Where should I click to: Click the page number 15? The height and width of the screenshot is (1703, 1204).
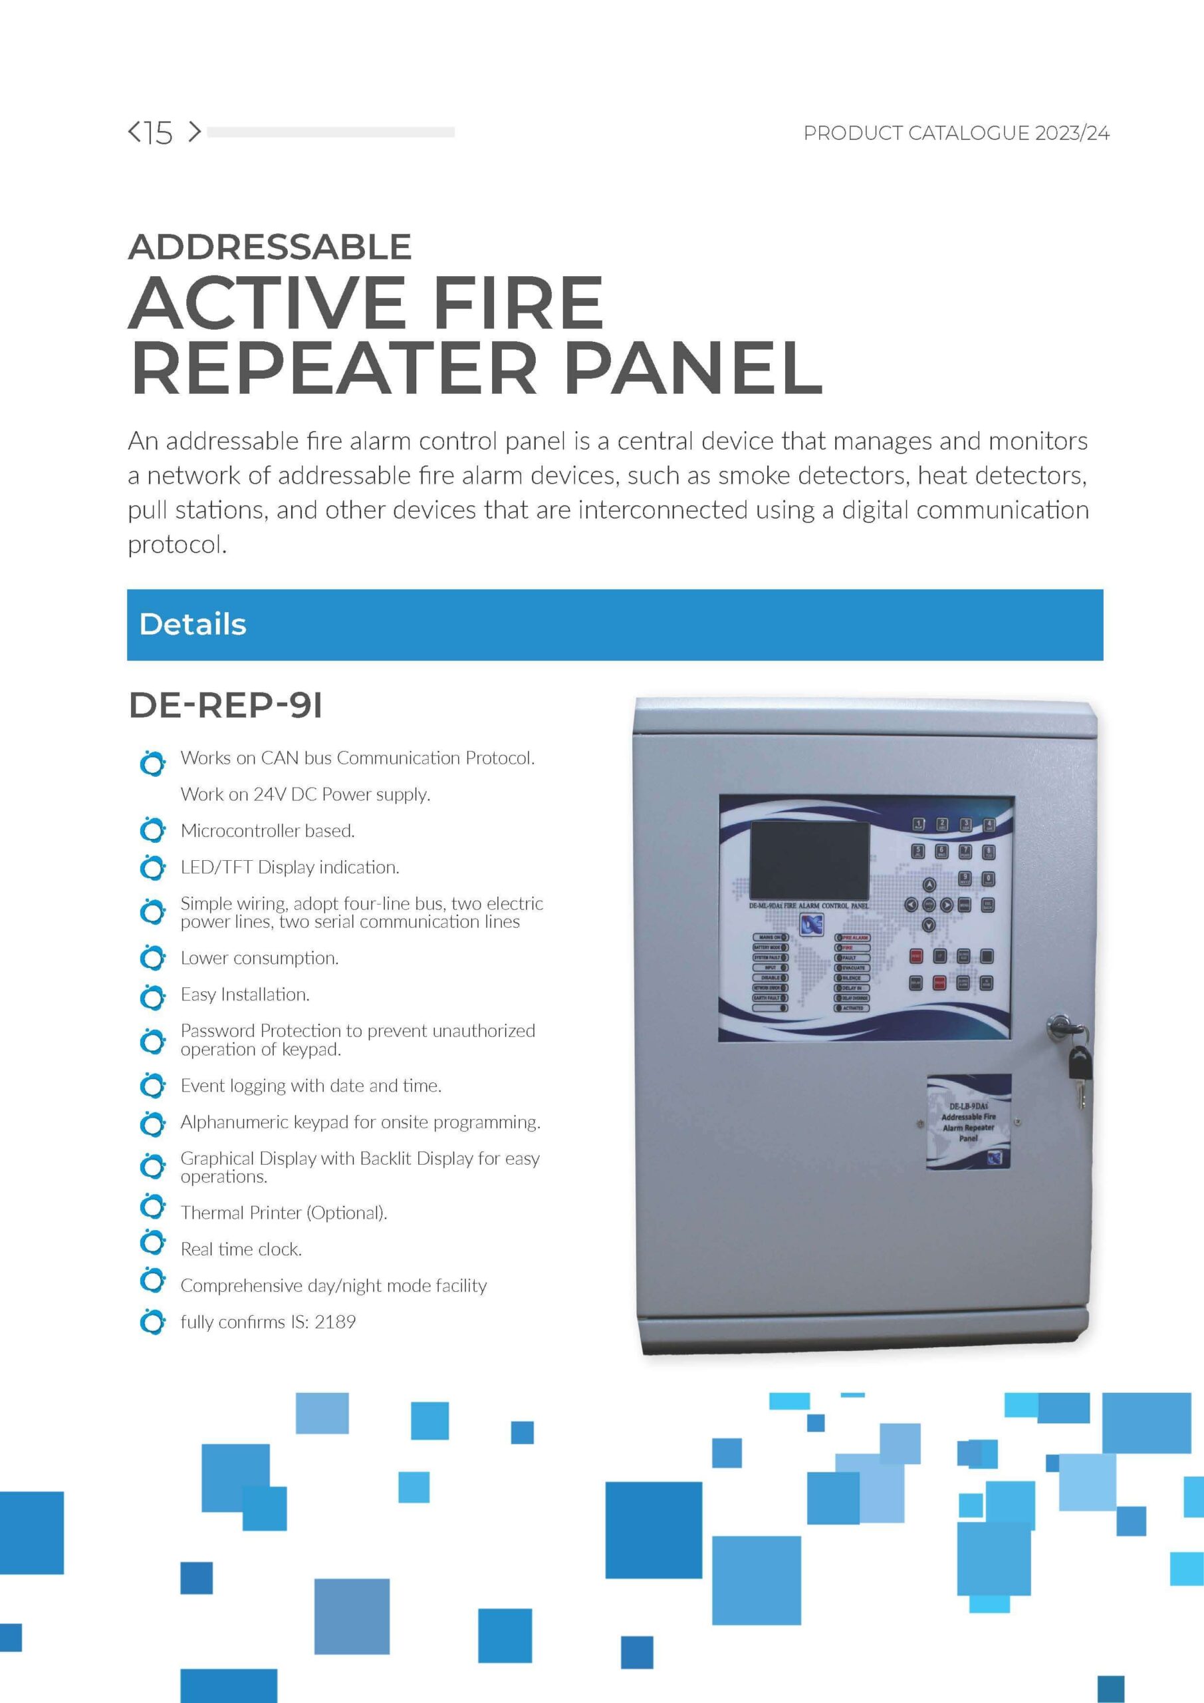click(x=159, y=133)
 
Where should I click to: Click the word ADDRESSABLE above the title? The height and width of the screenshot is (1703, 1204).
click(x=270, y=247)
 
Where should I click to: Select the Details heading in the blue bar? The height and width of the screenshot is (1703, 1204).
click(x=193, y=625)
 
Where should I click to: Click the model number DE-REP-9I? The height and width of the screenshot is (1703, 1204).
click(x=225, y=705)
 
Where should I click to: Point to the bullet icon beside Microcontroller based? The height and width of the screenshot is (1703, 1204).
click(x=152, y=831)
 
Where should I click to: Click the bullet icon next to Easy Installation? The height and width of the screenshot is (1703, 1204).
click(x=152, y=996)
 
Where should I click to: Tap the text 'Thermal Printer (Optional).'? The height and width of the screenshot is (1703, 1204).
click(x=284, y=1213)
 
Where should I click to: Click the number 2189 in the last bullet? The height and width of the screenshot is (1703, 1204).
click(x=335, y=1322)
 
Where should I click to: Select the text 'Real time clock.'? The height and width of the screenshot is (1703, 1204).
click(x=241, y=1249)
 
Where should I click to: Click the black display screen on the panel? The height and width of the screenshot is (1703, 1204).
click(x=810, y=860)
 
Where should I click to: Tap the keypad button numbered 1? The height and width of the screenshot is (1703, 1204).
click(x=918, y=825)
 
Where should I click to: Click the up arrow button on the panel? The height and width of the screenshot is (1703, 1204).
click(x=929, y=885)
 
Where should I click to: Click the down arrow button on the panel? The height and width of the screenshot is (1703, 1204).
click(x=929, y=925)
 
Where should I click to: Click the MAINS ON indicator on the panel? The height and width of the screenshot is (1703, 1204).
click(x=771, y=937)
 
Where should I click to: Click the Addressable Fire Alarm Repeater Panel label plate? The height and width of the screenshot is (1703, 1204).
click(x=968, y=1121)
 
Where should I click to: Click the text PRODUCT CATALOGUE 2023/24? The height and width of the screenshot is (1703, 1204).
click(x=957, y=134)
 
